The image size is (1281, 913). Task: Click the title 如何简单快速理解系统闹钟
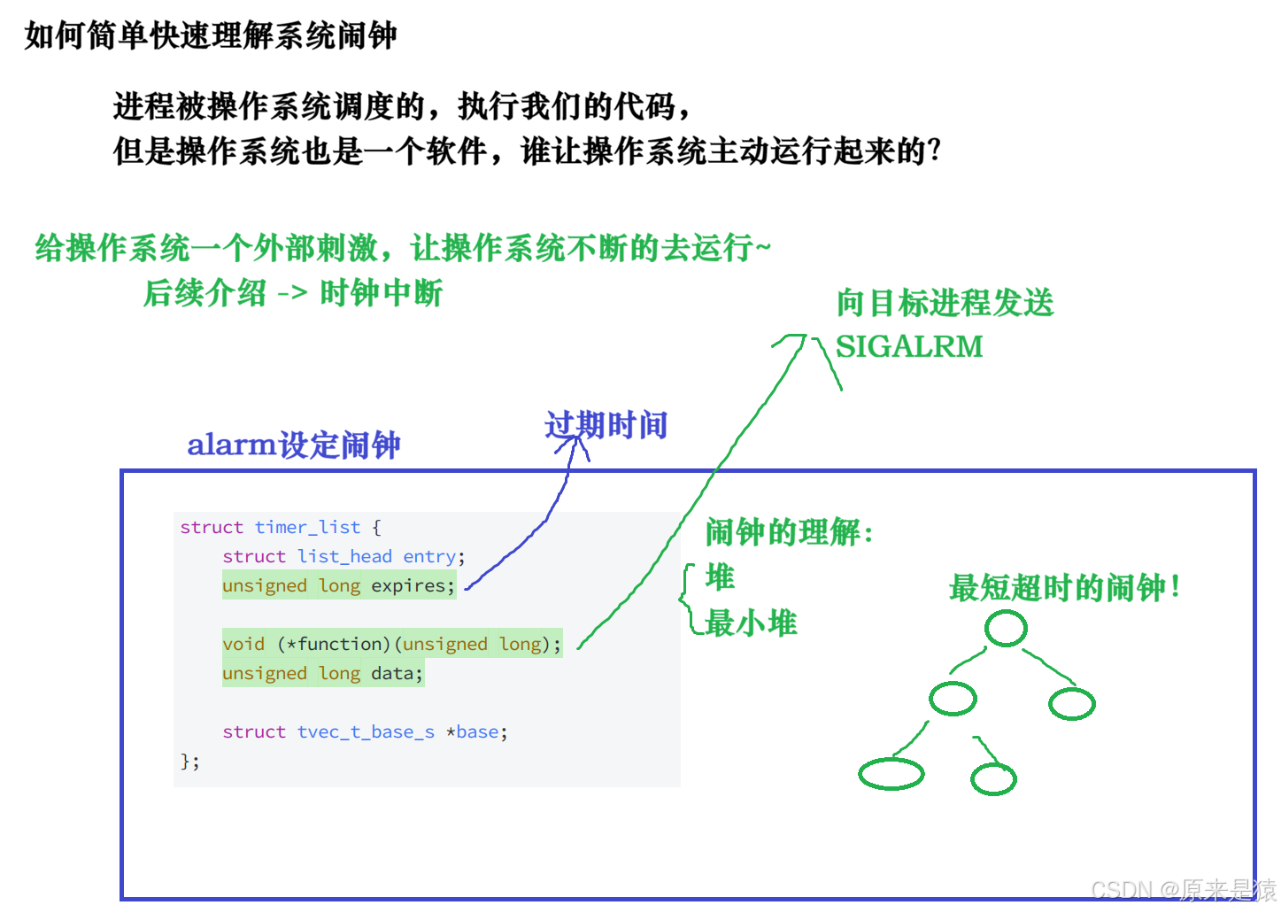[x=211, y=35]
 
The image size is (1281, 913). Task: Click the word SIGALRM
[x=909, y=346]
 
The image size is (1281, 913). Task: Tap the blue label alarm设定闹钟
[x=294, y=445]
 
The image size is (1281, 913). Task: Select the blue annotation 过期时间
[x=606, y=425]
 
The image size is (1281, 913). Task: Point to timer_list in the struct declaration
[x=307, y=527]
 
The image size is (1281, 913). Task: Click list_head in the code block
[x=344, y=556]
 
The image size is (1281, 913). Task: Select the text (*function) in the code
[x=334, y=644]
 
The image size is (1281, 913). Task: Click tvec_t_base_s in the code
[x=366, y=731]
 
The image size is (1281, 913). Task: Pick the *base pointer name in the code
[x=476, y=731]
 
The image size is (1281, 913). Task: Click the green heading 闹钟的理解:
[x=789, y=532]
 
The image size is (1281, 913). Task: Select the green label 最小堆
[x=751, y=623]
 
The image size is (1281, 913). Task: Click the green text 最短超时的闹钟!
[x=1064, y=587]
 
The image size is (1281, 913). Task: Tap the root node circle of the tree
[x=1006, y=629]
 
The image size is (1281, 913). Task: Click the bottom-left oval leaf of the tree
[x=891, y=774]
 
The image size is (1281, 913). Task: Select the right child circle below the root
[x=1072, y=704]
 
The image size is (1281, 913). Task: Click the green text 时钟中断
[x=381, y=292]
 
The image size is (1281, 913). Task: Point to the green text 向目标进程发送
[x=945, y=303]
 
